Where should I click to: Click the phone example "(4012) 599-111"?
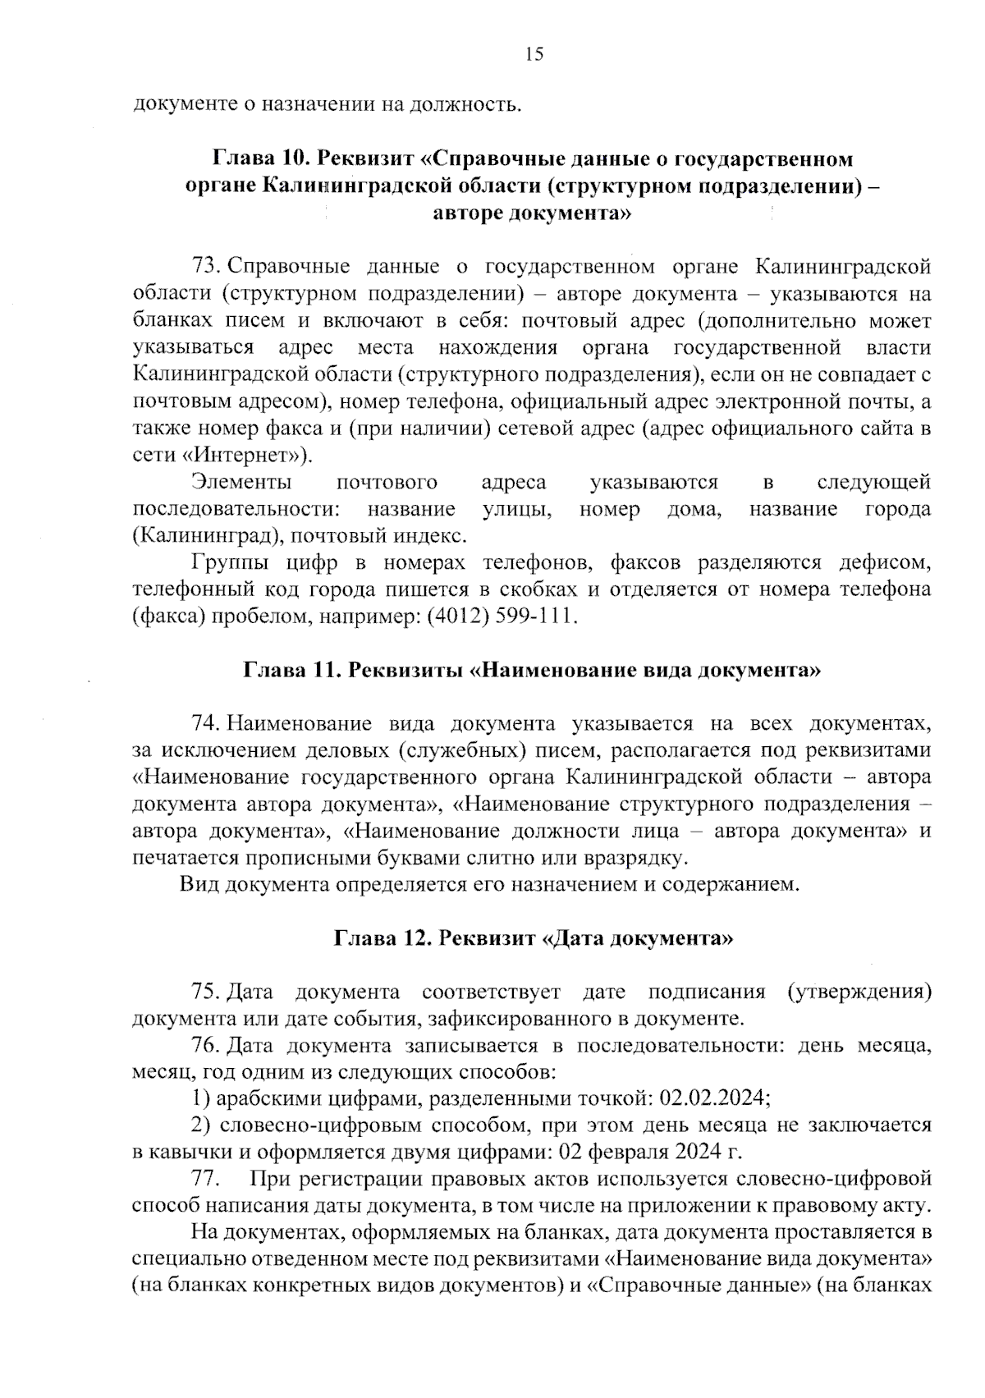[x=502, y=616]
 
